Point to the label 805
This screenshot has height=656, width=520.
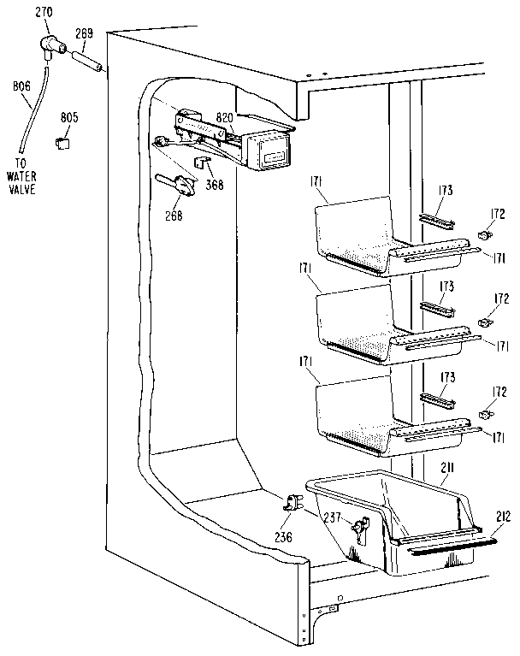(69, 116)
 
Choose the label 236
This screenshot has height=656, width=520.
(282, 537)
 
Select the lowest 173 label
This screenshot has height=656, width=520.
(446, 377)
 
